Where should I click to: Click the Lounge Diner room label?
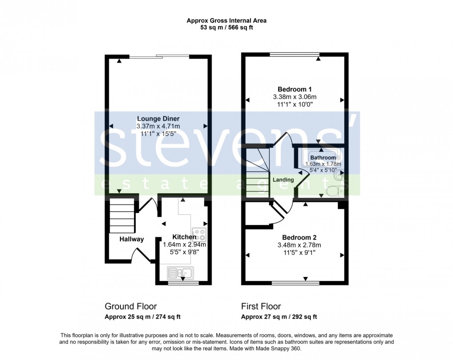click(x=158, y=119)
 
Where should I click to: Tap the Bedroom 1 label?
click(x=294, y=88)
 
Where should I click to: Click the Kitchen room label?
click(x=184, y=237)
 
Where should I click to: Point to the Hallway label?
click(x=131, y=240)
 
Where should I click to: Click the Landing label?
click(x=283, y=180)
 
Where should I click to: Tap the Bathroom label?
click(x=323, y=158)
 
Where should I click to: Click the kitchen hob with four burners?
click(x=198, y=234)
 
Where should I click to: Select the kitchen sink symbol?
click(x=180, y=272)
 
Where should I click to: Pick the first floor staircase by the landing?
click(x=258, y=173)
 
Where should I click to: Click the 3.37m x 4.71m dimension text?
click(x=158, y=126)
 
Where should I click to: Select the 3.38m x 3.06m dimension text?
click(x=294, y=96)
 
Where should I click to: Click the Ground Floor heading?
click(x=131, y=306)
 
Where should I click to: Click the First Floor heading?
click(x=261, y=306)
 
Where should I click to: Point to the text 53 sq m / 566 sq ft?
click(x=226, y=28)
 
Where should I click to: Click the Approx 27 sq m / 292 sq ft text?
click(x=279, y=317)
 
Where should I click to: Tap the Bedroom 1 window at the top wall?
click(x=295, y=55)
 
